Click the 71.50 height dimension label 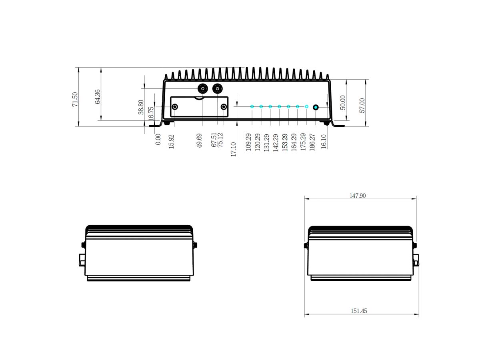(x=75, y=100)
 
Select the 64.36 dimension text (x=98, y=96)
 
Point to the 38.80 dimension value (x=141, y=107)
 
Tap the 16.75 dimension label (x=151, y=114)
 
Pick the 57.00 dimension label (x=362, y=106)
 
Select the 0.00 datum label (x=158, y=139)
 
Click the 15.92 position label (x=171, y=142)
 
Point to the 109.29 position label (x=248, y=142)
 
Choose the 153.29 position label (x=285, y=142)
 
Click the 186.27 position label (x=312, y=142)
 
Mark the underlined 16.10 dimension (x=324, y=142)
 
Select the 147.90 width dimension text (x=358, y=196)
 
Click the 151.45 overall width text (x=359, y=311)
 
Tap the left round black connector (x=203, y=88)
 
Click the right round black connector (x=218, y=88)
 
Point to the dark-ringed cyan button (x=316, y=107)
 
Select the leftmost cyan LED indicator (x=252, y=107)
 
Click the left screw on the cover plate (x=175, y=107)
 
